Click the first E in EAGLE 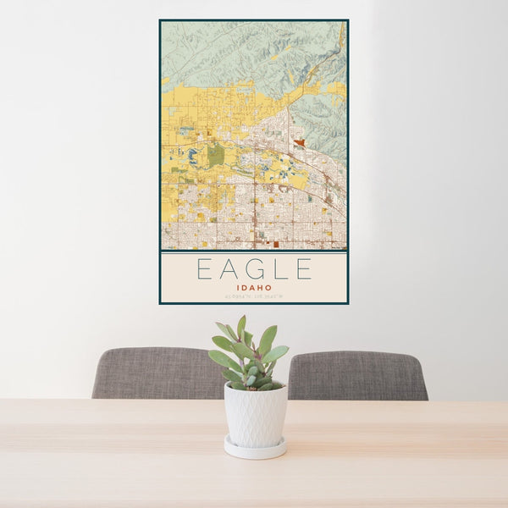[x=204, y=269]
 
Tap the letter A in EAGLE [x=228, y=269]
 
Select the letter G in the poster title [x=253, y=269]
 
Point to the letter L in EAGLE [x=279, y=269]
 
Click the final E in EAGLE [x=303, y=269]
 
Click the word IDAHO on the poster [x=254, y=287]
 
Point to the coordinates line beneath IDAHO [x=254, y=295]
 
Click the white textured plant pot [x=255, y=414]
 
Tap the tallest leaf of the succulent [x=241, y=326]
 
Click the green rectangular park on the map [x=216, y=154]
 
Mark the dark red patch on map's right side [x=299, y=143]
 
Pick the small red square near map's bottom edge [x=276, y=244]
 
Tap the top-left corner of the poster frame [x=160, y=20]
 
